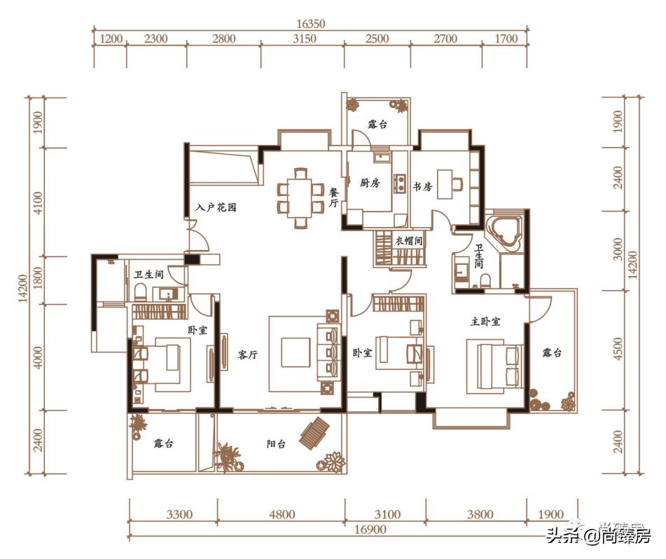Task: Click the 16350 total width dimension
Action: [x=310, y=23]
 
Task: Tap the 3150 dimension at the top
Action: [x=304, y=39]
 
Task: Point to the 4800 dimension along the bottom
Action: [x=282, y=515]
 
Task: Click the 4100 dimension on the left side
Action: [x=39, y=202]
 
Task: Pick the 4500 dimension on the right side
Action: [x=618, y=349]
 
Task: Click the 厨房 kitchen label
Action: [x=370, y=183]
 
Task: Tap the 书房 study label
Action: [x=422, y=186]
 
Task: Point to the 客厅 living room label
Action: [x=247, y=355]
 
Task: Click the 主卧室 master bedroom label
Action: [x=485, y=322]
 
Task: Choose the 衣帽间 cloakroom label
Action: [x=408, y=241]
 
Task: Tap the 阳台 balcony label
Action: [x=276, y=444]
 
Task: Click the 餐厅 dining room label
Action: [x=334, y=198]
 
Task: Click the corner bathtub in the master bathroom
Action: [x=504, y=231]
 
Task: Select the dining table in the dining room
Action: [x=300, y=198]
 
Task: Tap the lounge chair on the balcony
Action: [x=314, y=433]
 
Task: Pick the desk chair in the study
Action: [x=457, y=184]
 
